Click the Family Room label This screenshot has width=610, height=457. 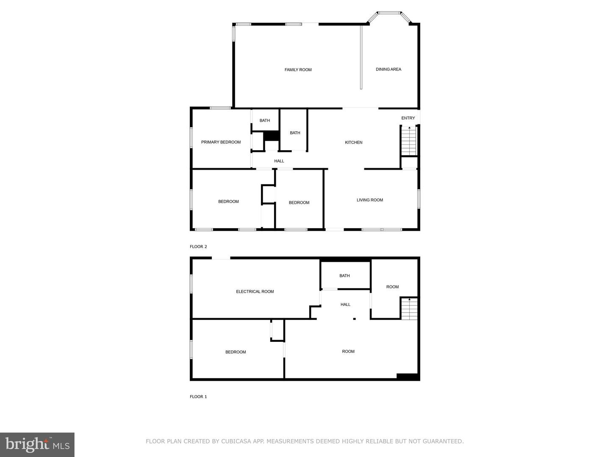[298, 70]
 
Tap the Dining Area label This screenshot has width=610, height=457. [388, 69]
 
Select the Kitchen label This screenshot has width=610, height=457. [354, 143]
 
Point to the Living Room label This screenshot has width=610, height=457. [370, 200]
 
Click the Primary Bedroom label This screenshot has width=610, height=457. [221, 142]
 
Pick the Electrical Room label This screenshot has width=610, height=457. [255, 292]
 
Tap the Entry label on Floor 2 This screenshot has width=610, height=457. [408, 118]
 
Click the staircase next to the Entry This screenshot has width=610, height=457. [409, 141]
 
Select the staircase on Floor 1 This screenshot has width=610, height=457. [409, 308]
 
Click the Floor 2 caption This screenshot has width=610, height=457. [198, 247]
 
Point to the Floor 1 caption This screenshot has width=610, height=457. [198, 397]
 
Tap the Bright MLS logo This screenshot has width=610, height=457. [37, 445]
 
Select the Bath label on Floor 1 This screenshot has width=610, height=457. [344, 276]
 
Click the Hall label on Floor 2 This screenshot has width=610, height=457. [279, 161]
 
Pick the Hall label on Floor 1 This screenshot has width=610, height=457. [345, 305]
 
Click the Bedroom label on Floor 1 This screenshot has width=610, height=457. [236, 352]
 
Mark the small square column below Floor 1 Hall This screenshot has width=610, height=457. [355, 319]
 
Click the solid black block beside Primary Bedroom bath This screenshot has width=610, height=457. [271, 136]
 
